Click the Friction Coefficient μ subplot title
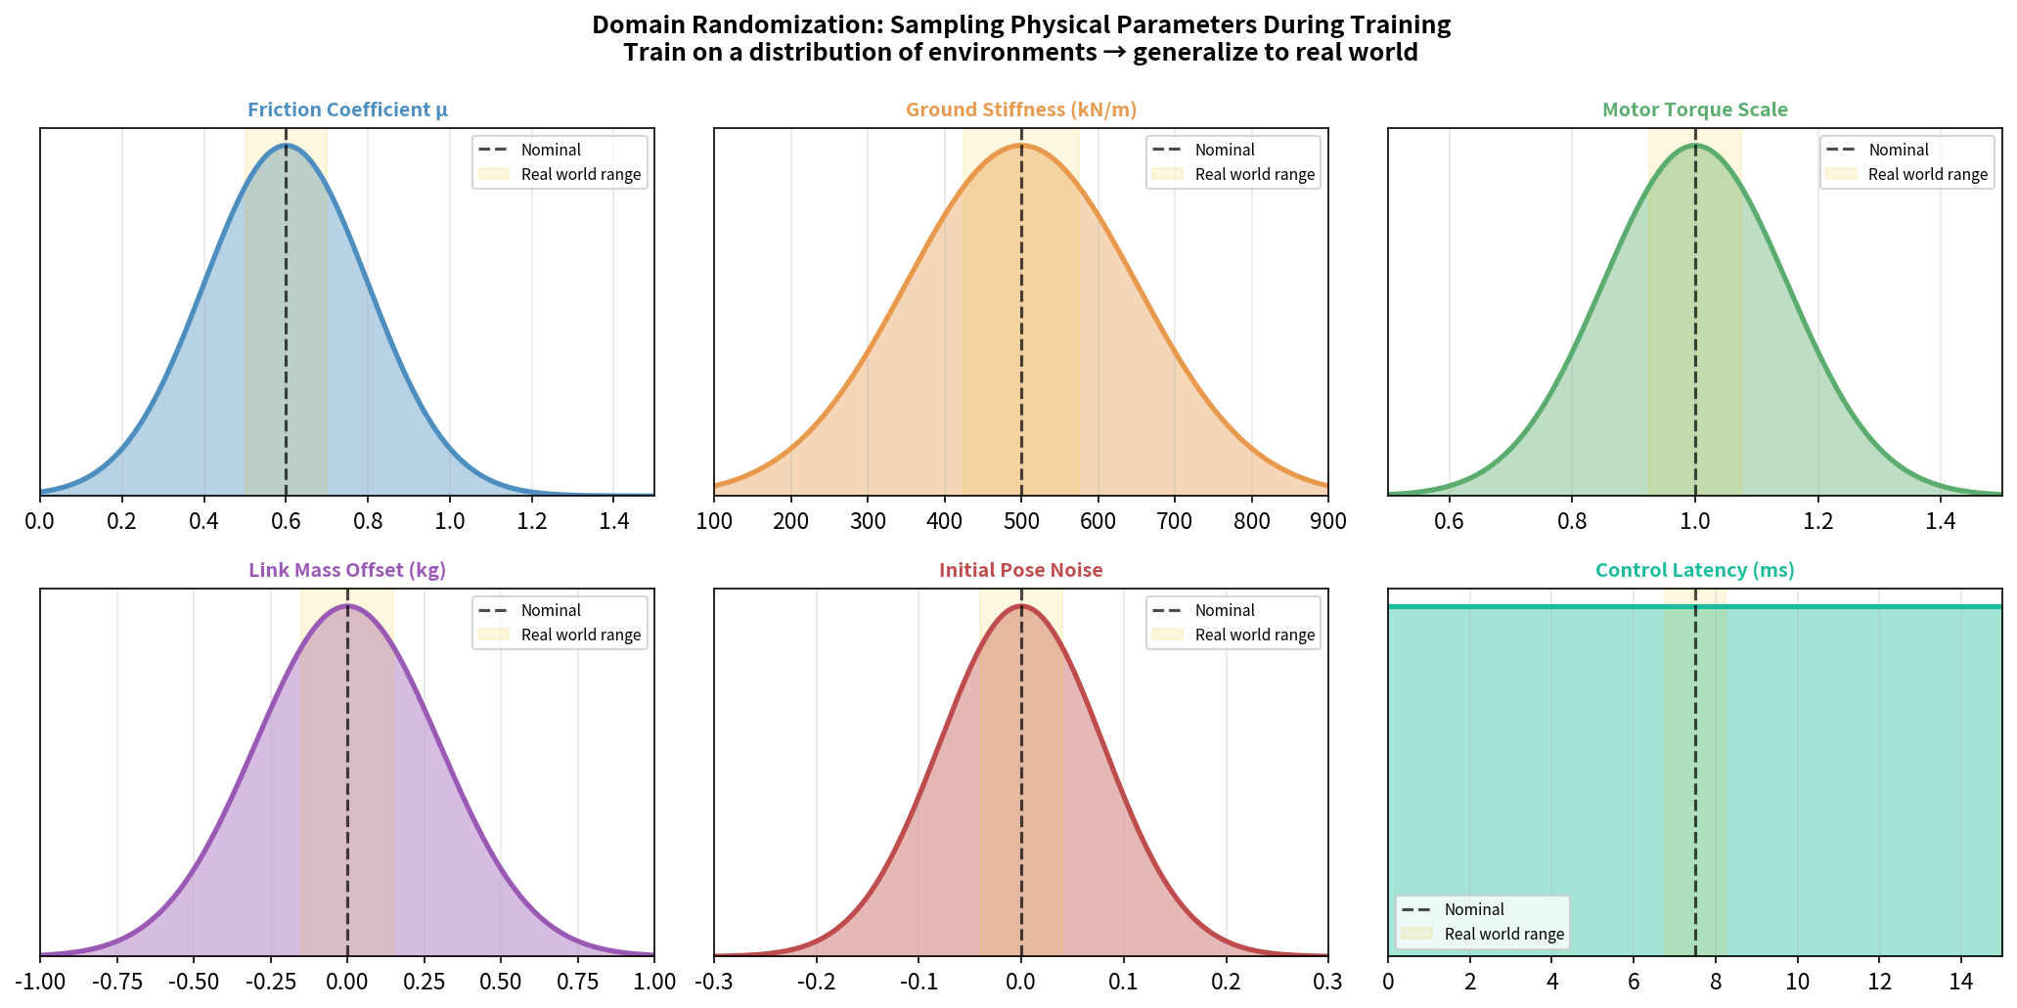coord(347,110)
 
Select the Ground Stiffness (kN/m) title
coord(1021,110)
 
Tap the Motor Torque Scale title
coord(1694,110)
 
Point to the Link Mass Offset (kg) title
coord(347,570)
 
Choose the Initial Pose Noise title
coord(1021,570)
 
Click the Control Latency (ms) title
coord(1694,570)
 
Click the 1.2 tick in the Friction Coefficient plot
coord(532,521)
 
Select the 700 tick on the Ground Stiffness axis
coord(1175,521)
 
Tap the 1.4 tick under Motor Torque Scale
coord(1941,521)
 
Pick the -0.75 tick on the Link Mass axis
coord(116,982)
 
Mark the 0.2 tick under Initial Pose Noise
coord(1226,982)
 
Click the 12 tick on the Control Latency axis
coord(1878,982)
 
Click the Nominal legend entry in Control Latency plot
coord(1474,909)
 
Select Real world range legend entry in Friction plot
coord(581,174)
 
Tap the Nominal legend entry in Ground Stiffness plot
coord(1225,150)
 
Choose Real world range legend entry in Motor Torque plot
coord(1927,174)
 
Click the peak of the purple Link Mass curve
coord(347,605)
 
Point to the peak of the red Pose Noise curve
coord(1021,605)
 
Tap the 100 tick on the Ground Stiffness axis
coord(714,521)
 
